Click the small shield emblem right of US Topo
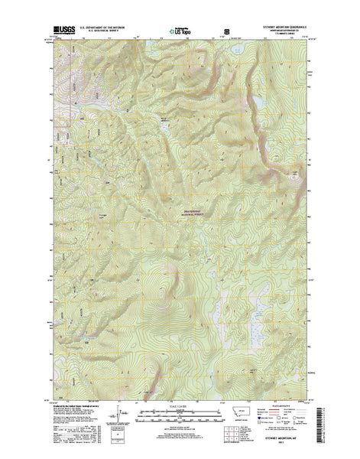click(x=225, y=33)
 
